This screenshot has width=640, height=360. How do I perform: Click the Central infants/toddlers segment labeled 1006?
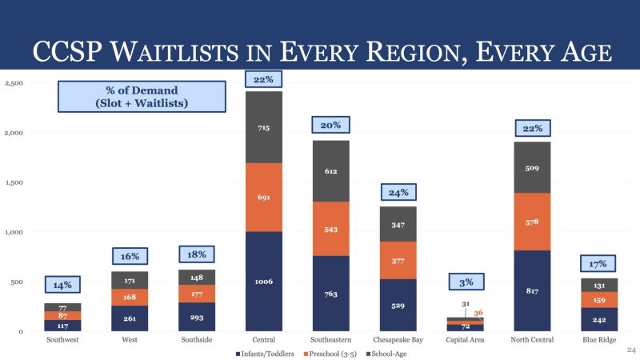point(263,281)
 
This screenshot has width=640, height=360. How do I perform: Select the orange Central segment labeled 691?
point(263,197)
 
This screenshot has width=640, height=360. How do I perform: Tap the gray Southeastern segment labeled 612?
point(330,170)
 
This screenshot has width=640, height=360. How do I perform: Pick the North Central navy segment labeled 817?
point(533,290)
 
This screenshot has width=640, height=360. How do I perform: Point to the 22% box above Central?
point(264,79)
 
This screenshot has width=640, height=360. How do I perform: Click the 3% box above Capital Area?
point(466,282)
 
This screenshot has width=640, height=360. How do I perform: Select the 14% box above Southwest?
point(62,285)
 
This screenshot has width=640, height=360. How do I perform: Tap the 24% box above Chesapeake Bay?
point(398,193)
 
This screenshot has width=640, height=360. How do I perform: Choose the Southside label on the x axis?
point(197,339)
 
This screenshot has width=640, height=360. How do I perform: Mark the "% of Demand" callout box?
point(136,97)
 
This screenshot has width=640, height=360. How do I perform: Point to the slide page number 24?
point(630,350)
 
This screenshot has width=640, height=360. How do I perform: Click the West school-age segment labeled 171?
point(130,281)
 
